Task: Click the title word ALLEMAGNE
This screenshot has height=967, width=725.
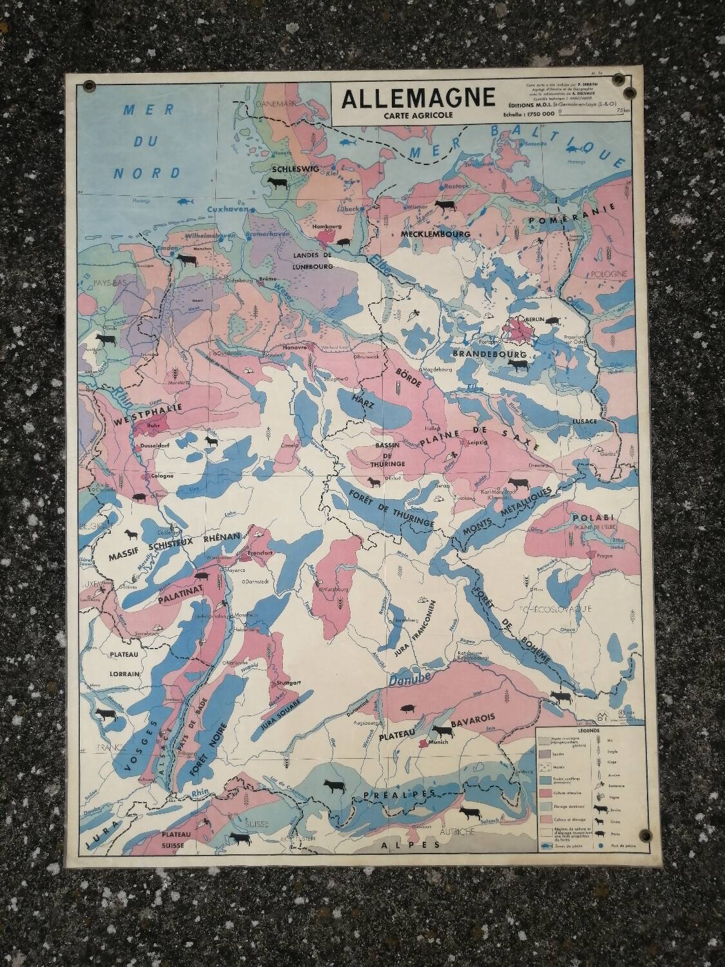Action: point(418,99)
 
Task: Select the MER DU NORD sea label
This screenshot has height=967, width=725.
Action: point(147,141)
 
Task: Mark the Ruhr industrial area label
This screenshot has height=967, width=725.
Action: point(153,425)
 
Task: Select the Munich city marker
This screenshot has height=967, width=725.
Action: point(422,743)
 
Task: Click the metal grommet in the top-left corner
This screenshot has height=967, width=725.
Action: point(88,85)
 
